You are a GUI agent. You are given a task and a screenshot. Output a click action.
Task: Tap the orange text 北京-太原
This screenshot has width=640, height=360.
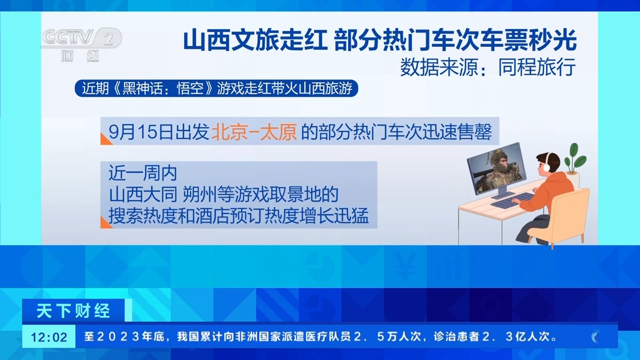coord(254,132)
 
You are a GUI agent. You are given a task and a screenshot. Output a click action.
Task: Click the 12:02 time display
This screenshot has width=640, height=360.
coord(49,337)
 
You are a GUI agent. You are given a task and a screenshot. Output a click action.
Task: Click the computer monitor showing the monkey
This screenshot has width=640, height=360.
coord(496,169)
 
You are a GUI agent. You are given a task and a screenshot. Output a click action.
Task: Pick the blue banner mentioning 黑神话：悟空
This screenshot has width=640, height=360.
coord(216,88)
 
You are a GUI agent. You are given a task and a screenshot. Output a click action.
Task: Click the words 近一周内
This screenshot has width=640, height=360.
coord(143,173)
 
